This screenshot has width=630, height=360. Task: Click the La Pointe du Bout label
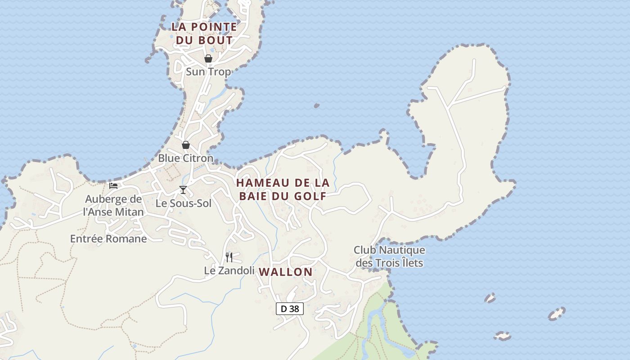tap(204, 33)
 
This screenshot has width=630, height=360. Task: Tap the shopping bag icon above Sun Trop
tap(208, 58)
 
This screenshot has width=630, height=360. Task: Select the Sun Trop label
tap(208, 72)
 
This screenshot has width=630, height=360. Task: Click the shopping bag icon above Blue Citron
tap(185, 145)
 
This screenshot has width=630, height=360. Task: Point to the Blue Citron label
tap(185, 158)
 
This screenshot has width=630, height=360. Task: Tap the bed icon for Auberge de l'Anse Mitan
tap(113, 185)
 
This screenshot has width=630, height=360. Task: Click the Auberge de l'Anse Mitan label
tap(113, 205)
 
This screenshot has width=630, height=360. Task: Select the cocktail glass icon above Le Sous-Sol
tap(183, 189)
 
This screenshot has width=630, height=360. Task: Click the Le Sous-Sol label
tap(183, 203)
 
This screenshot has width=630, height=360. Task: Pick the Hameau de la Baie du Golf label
tap(283, 189)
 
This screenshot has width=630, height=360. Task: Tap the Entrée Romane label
tap(108, 239)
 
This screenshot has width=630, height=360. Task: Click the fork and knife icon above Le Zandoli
tap(229, 257)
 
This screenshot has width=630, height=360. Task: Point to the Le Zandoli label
tap(229, 270)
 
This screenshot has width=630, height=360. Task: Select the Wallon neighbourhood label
tap(286, 272)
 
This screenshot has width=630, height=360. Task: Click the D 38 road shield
tap(290, 309)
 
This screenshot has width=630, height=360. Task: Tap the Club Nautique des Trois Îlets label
tap(389, 256)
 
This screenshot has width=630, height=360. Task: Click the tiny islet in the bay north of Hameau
tap(316, 106)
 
